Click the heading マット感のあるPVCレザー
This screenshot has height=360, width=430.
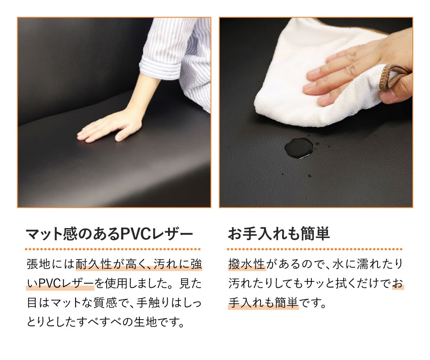(x=110, y=235)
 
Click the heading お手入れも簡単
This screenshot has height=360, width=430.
(x=279, y=235)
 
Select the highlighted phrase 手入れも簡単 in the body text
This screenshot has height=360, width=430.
(x=263, y=303)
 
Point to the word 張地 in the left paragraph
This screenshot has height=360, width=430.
(x=39, y=264)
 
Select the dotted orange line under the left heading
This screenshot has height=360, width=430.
(x=113, y=249)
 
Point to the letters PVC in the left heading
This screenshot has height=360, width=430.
(x=134, y=235)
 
